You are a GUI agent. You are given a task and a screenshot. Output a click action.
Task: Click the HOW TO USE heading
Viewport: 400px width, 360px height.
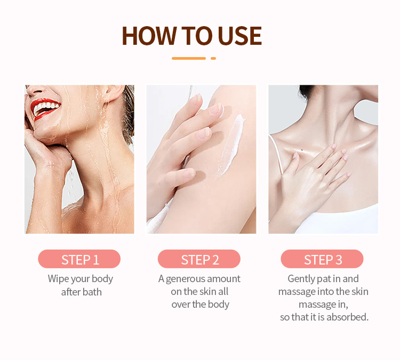(191, 35)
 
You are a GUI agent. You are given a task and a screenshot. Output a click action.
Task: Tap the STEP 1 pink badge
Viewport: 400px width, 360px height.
(79, 259)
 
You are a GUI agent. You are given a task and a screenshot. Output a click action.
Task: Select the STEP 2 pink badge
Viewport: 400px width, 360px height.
(199, 259)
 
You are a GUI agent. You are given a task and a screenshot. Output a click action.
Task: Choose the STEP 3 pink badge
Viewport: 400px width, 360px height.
(323, 259)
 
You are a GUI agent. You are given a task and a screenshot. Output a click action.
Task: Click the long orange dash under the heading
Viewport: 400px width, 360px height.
(188, 58)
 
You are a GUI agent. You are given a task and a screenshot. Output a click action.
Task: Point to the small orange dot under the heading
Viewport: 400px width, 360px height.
(213, 58)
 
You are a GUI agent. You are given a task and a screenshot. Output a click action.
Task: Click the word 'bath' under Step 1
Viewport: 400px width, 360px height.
(91, 292)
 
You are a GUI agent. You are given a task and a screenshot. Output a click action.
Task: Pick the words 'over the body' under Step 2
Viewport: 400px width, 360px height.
(201, 305)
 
